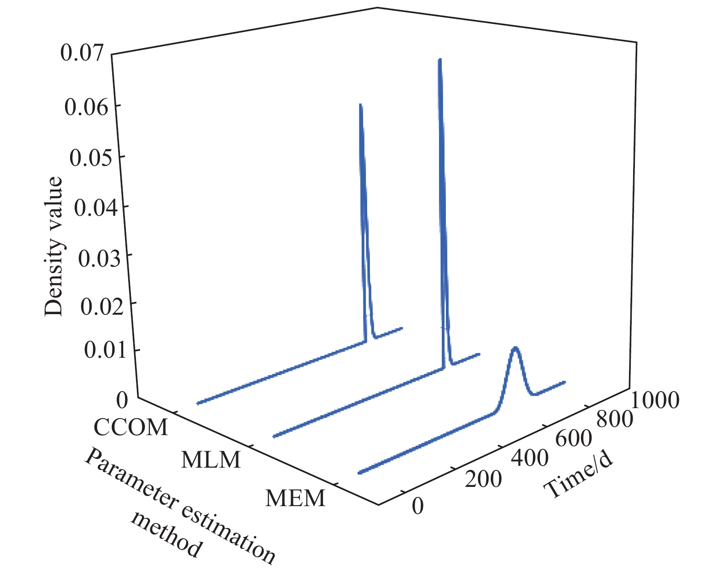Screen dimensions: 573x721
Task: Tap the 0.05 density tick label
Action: pyautogui.click(x=91, y=158)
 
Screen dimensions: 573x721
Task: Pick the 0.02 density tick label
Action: pyautogui.click(x=102, y=306)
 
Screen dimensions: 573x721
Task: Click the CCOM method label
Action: pyautogui.click(x=131, y=427)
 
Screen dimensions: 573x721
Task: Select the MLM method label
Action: pyautogui.click(x=211, y=459)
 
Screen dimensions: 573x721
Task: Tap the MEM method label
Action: pyautogui.click(x=296, y=498)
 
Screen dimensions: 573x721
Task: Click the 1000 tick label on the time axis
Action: pyautogui.click(x=655, y=400)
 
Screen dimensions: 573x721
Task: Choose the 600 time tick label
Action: pyautogui.click(x=573, y=439)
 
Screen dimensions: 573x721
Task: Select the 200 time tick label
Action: pyautogui.click(x=483, y=479)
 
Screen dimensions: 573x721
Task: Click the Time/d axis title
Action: pyautogui.click(x=579, y=477)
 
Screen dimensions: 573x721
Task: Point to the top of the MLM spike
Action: pyautogui.click(x=439, y=60)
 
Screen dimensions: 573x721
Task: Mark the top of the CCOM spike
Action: pyautogui.click(x=361, y=105)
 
